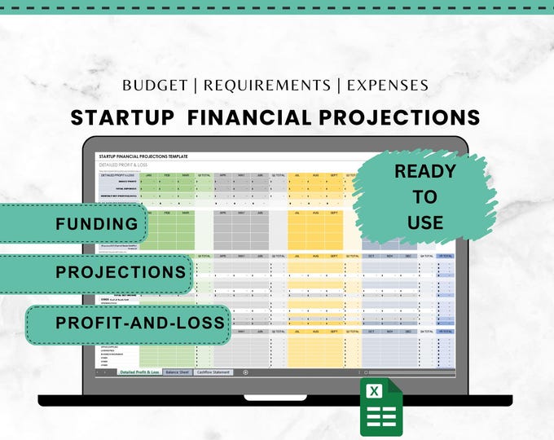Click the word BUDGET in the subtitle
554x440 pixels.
[x=157, y=85]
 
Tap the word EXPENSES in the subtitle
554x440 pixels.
[x=388, y=85]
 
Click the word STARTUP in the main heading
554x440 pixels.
[x=122, y=117]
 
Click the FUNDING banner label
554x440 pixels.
[x=97, y=224]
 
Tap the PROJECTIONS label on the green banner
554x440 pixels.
[x=121, y=272]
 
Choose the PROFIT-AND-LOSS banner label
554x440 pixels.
[x=139, y=323]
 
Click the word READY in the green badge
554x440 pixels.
[x=424, y=172]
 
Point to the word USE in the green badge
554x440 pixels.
[x=424, y=222]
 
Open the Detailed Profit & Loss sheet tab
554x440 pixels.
[x=139, y=372]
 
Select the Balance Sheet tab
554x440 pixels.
[x=178, y=372]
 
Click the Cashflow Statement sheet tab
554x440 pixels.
[x=213, y=372]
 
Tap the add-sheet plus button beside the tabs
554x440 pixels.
[x=245, y=372]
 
